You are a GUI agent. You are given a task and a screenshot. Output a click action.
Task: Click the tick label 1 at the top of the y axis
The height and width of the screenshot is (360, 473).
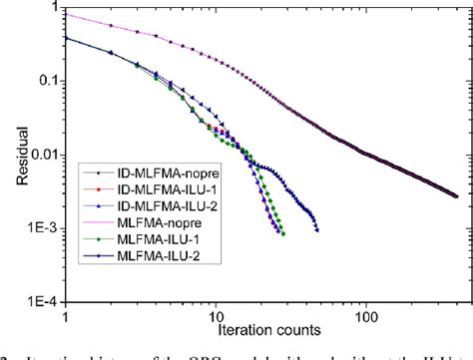coord(53,10)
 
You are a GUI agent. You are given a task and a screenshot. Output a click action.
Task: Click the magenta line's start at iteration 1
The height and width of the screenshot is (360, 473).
coord(66,15)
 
